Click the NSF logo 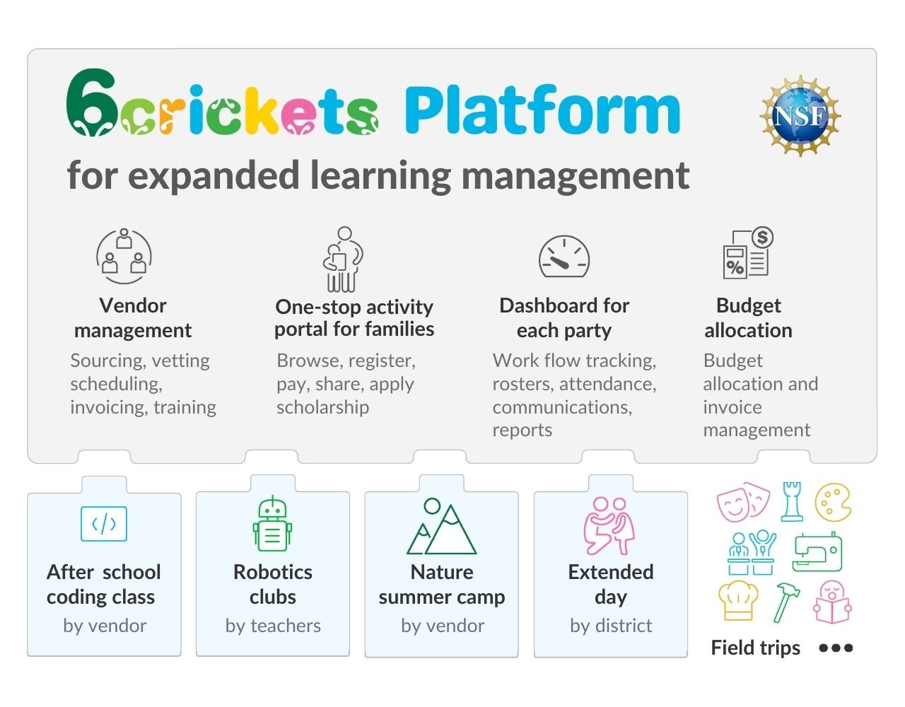(x=800, y=116)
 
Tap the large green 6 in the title (x=90, y=103)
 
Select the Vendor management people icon (x=124, y=256)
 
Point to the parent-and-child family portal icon (x=343, y=259)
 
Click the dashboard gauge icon (x=564, y=257)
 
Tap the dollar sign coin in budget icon (x=762, y=238)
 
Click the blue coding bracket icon (x=104, y=524)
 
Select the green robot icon (x=272, y=524)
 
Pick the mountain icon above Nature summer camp (x=441, y=527)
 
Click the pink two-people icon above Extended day (x=609, y=525)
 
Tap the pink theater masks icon (x=743, y=502)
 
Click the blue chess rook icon (x=792, y=502)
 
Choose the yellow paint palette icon (x=833, y=502)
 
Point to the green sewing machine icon (x=817, y=552)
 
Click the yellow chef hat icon (x=738, y=600)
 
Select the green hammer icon (x=786, y=602)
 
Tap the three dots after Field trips (x=836, y=648)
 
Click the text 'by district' (x=611, y=626)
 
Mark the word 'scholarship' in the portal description (x=323, y=407)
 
